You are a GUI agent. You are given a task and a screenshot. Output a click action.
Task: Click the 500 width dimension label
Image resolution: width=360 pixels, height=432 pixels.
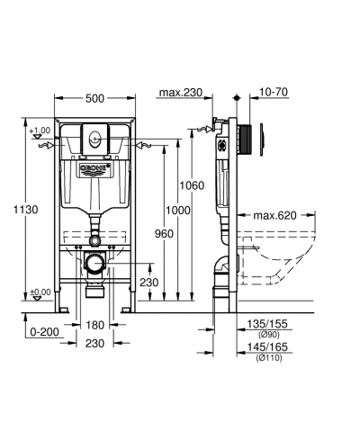[x=94, y=98]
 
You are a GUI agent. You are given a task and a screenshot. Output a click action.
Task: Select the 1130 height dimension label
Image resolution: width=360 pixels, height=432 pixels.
[x=26, y=210]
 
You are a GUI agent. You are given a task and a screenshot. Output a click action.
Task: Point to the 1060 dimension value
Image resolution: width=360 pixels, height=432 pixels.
[x=192, y=185]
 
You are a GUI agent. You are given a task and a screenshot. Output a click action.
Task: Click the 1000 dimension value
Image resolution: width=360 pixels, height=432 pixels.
[x=178, y=211]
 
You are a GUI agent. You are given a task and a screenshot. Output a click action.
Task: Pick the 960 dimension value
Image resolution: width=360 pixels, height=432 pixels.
[x=164, y=234]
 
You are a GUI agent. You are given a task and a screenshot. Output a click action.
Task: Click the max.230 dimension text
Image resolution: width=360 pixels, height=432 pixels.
[x=181, y=93]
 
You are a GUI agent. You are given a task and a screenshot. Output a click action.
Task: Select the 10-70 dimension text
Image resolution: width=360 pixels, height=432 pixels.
[x=273, y=92]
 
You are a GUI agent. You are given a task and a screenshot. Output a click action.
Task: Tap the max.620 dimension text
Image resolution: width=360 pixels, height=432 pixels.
[x=274, y=215]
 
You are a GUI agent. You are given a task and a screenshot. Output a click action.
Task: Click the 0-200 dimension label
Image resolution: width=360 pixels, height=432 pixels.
[x=45, y=332]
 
